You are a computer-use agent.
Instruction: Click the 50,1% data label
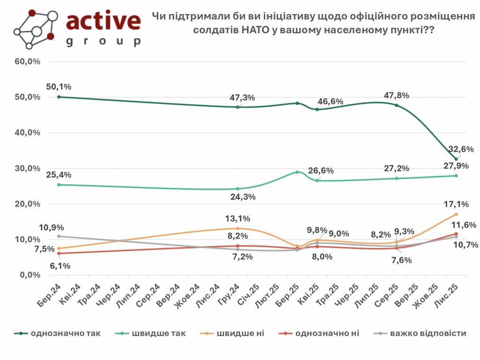[x=59, y=87]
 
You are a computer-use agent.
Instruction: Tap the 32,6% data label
[x=462, y=150]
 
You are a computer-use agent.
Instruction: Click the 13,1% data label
[x=237, y=218]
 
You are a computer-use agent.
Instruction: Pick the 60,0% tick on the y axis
[x=28, y=61]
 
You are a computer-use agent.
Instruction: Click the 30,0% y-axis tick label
[x=28, y=168]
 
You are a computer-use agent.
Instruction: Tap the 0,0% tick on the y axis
[x=30, y=275]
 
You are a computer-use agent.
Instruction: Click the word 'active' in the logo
[x=103, y=21]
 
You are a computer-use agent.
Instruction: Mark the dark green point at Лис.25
[x=456, y=159]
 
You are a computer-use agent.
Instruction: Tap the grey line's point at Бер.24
[x=59, y=236]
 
